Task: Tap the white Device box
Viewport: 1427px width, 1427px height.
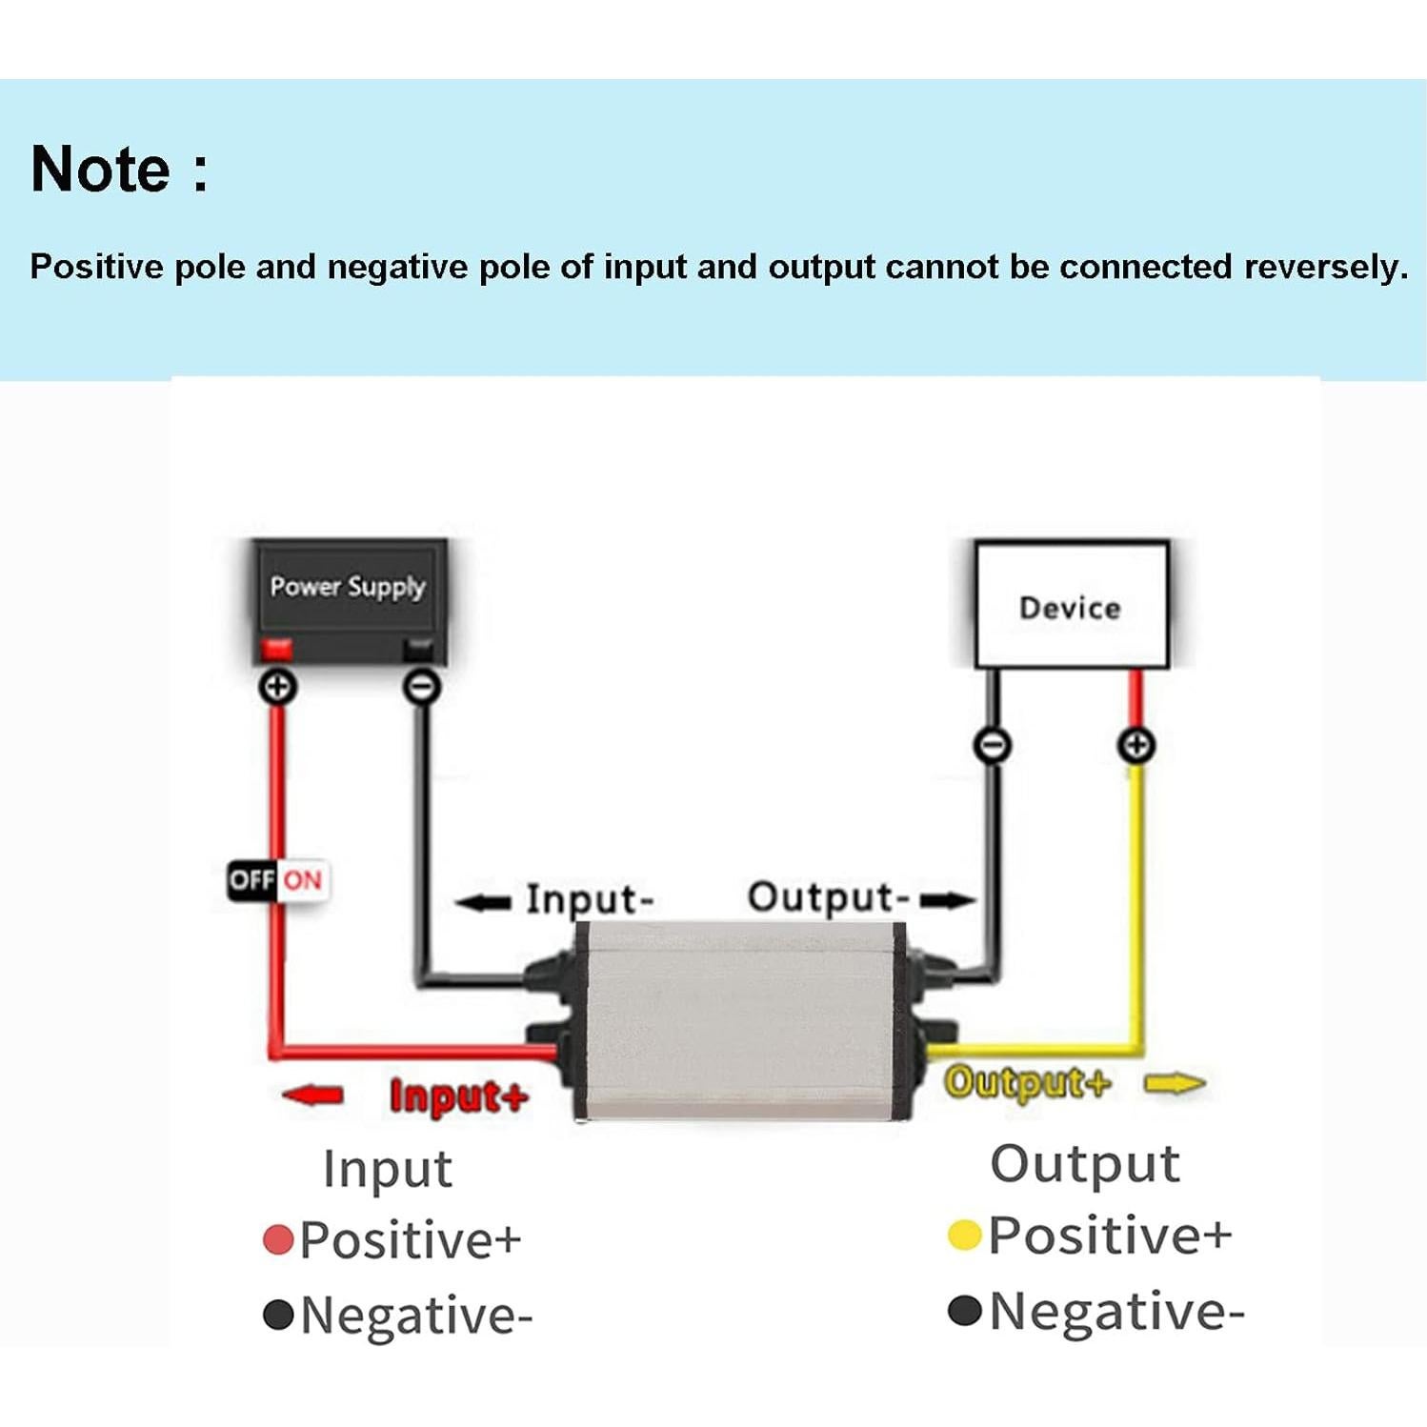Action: click(1071, 606)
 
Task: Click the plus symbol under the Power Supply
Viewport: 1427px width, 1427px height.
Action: click(278, 686)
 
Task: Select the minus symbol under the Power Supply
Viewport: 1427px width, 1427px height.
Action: click(422, 686)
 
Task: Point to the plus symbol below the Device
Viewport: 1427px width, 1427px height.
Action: click(1136, 745)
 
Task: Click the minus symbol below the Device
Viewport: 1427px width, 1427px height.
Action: click(992, 745)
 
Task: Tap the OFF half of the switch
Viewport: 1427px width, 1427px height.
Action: click(251, 879)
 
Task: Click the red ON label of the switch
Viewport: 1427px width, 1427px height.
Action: click(303, 879)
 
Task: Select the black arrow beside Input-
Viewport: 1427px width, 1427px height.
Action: click(484, 901)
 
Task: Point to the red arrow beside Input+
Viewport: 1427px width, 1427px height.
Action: click(313, 1095)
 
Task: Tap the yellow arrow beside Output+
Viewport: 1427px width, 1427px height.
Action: click(1175, 1083)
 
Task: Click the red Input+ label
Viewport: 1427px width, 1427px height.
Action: click(458, 1096)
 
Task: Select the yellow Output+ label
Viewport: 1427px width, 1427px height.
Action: click(1027, 1083)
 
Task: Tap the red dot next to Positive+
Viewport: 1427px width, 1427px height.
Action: click(277, 1240)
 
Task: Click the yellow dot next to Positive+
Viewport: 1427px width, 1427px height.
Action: click(964, 1236)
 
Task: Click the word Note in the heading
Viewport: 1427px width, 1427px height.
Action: click(101, 170)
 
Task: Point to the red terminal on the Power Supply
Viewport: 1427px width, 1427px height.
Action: click(277, 648)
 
